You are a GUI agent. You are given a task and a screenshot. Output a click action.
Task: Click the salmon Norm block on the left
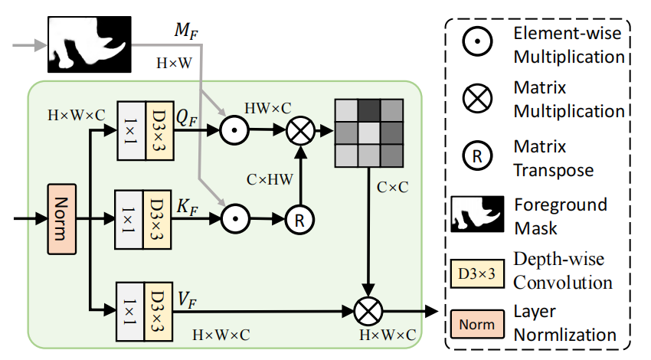coord(62,219)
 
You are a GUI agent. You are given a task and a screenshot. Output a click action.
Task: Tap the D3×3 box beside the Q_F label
coord(160,131)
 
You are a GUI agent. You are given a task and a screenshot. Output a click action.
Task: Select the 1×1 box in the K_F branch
coord(129,220)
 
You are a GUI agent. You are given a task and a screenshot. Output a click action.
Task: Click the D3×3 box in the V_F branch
coord(159,312)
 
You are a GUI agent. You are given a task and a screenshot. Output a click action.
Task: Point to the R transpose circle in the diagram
coord(299,220)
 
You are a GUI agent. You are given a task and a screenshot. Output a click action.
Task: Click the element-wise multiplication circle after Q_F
coord(234,130)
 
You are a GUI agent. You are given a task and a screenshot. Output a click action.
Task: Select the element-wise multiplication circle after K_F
coord(235,219)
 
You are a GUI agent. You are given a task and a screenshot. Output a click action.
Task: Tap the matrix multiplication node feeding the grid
coord(300,130)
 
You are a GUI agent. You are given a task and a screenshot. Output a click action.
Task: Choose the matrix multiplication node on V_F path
coord(368,312)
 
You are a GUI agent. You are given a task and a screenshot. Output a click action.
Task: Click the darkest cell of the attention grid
coord(369,110)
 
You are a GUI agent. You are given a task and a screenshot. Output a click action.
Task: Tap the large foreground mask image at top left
coord(90,44)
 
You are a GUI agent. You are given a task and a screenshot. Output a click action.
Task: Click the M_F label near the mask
coord(186,31)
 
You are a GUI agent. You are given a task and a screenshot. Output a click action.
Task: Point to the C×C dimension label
coord(392,187)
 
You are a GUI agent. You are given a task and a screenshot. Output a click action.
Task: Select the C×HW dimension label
coord(270,179)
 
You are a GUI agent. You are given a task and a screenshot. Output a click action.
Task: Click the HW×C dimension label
coord(268,108)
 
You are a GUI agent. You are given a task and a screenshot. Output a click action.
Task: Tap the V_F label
coord(187,299)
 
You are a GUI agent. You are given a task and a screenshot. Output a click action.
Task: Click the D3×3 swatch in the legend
coord(477,273)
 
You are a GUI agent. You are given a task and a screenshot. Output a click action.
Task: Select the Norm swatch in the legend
coord(477,324)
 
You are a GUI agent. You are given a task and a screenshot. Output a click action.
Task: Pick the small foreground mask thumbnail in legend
coord(477,214)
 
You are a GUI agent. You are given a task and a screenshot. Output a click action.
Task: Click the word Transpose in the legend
coord(554,171)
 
